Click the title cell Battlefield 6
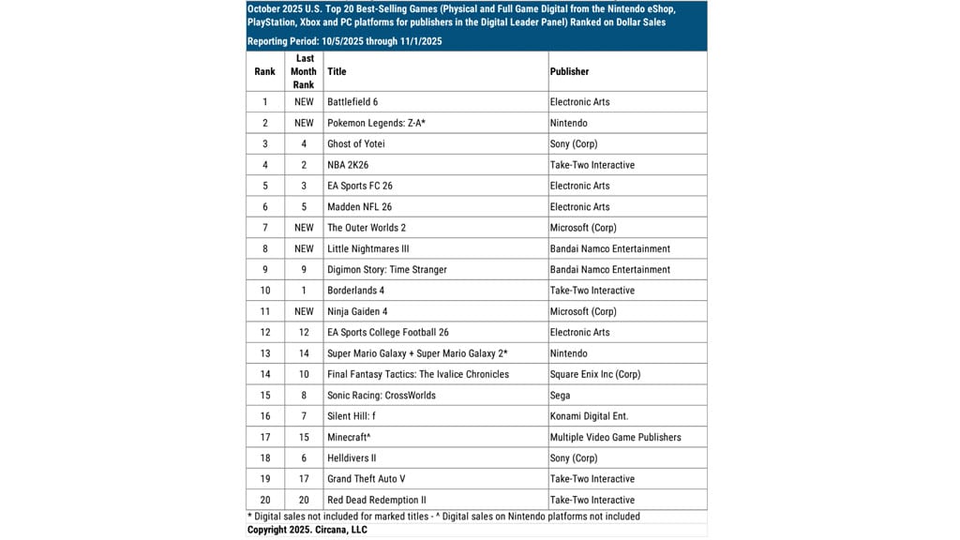click(x=352, y=102)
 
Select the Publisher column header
click(x=570, y=71)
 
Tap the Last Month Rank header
click(x=304, y=71)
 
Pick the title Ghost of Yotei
click(x=356, y=144)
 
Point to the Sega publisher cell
click(x=561, y=396)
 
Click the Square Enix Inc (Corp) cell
click(x=595, y=374)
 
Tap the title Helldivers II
click(x=352, y=458)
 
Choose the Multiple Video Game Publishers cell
click(x=615, y=437)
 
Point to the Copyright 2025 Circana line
click(x=307, y=530)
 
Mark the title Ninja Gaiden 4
click(x=357, y=311)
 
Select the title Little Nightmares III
click(x=367, y=248)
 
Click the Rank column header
click(x=265, y=71)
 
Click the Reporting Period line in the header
click(x=345, y=41)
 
